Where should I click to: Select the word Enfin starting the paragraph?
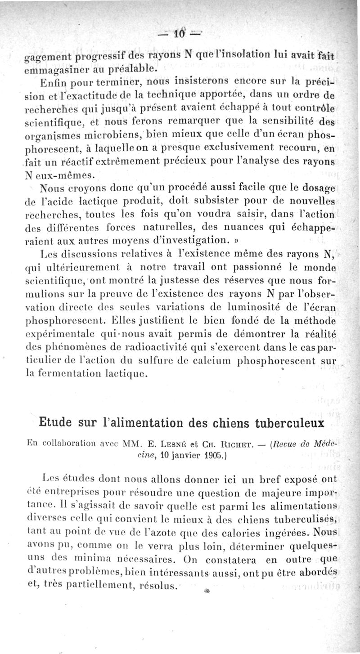tap(54, 82)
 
